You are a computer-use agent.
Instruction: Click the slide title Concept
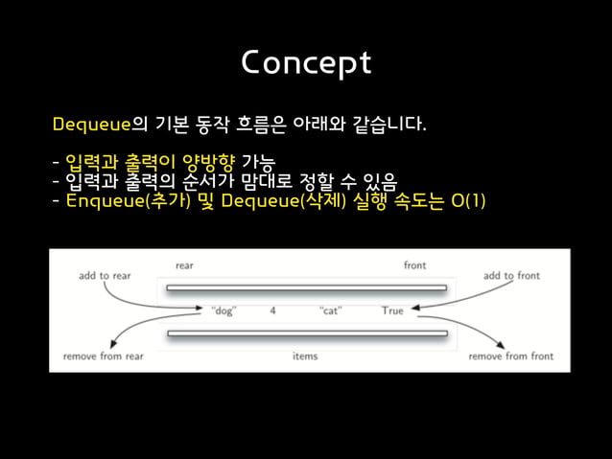(x=305, y=62)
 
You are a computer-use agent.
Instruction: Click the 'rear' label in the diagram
(x=184, y=264)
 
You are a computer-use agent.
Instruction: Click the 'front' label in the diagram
(x=414, y=264)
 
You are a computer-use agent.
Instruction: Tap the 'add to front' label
(x=511, y=276)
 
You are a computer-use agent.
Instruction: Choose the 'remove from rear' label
(x=104, y=356)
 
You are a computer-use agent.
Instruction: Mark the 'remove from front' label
(x=511, y=356)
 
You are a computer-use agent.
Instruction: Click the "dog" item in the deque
(x=223, y=310)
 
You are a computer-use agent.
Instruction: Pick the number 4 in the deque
(x=273, y=310)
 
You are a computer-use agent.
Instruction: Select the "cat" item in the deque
(x=331, y=310)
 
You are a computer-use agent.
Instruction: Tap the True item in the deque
(x=392, y=310)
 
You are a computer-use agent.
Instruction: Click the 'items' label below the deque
(x=305, y=356)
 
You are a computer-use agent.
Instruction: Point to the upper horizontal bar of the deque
(x=306, y=287)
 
